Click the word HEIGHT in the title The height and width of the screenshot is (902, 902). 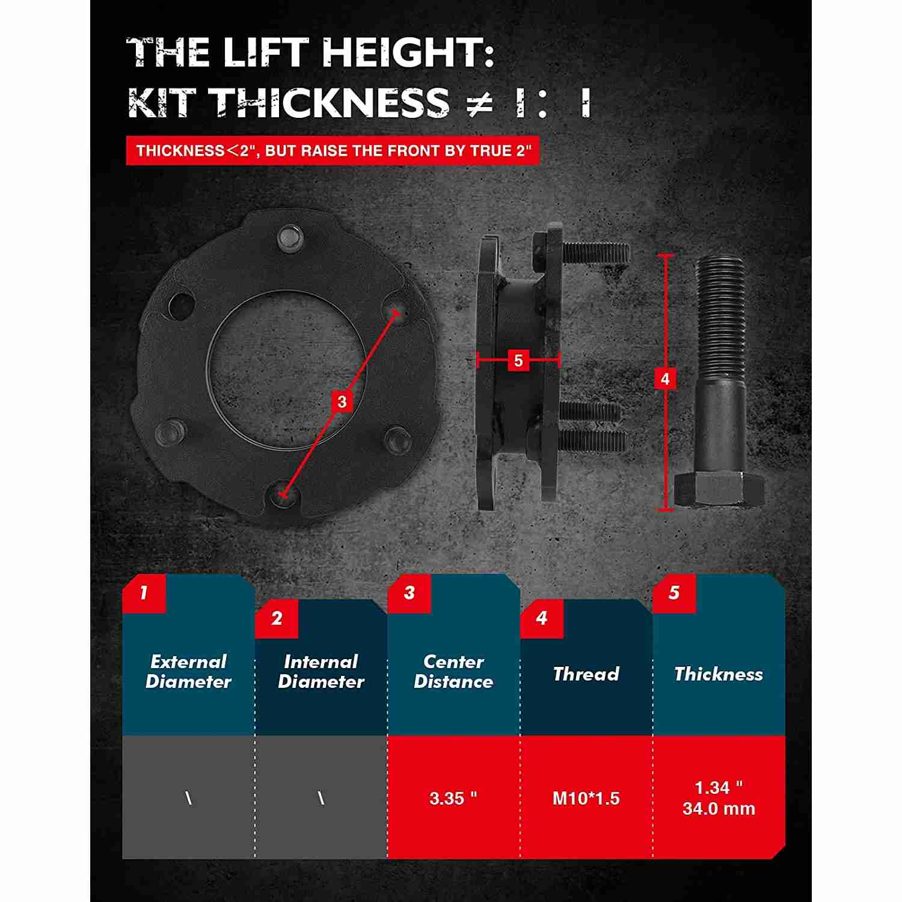407,52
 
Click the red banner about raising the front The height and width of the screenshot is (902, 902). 333,150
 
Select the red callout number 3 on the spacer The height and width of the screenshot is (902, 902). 342,401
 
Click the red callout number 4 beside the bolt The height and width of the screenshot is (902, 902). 664,379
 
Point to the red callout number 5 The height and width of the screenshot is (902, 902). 518,361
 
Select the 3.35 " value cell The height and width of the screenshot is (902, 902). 453,798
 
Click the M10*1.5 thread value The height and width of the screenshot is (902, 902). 586,798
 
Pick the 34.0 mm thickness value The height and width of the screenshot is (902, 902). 719,808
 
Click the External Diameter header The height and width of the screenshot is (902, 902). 188,672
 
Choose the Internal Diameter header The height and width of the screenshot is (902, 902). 321,672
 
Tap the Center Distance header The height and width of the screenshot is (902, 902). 453,672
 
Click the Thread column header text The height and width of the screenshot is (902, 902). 586,674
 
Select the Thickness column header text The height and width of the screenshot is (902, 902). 719,674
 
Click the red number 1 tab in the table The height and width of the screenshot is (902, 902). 144,594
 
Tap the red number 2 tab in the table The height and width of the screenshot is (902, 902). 277,619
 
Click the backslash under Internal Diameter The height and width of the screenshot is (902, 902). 321,798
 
